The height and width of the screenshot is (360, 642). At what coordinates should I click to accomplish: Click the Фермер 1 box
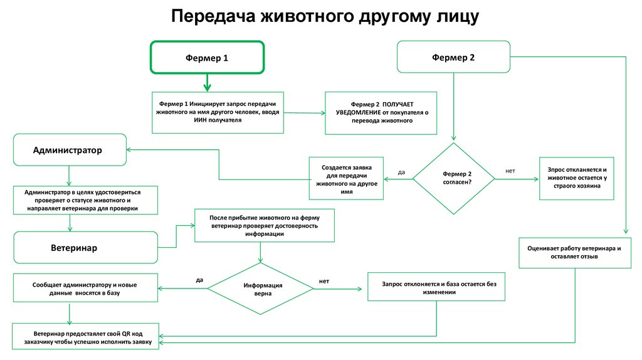point(207,58)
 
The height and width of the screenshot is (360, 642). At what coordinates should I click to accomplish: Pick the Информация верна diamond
point(260,289)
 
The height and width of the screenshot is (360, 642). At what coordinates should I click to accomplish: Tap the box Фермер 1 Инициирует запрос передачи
point(217,112)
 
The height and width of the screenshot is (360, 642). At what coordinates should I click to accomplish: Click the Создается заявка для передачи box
point(347,179)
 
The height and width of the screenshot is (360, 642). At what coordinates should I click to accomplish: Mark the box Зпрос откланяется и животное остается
point(577,178)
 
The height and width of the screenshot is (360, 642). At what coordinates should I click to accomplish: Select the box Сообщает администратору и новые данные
point(85,289)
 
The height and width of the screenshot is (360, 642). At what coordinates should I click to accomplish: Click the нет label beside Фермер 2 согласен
point(510,171)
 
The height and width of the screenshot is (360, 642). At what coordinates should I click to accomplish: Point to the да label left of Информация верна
point(199,280)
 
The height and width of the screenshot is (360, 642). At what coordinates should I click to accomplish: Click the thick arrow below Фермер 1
point(207,82)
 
